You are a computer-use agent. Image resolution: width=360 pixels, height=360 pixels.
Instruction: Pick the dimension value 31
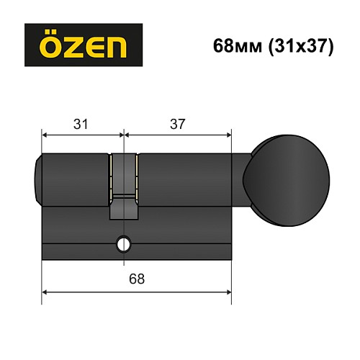coord(81,124)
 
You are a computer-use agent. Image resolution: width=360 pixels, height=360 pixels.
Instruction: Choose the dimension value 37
coord(178,124)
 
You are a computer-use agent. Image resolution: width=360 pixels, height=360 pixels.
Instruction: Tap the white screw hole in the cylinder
coord(124,245)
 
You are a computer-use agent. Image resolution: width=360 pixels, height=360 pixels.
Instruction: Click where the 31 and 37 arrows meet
coord(124,134)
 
